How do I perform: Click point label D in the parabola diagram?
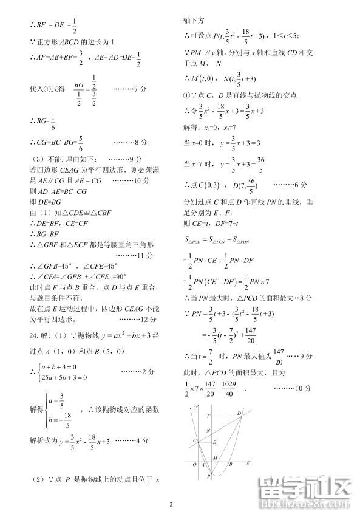[x=239, y=413]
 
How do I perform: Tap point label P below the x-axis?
[x=208, y=478]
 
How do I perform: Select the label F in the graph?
[x=209, y=416]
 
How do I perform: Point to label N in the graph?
[x=209, y=431]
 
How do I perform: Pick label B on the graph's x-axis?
[x=229, y=465]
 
